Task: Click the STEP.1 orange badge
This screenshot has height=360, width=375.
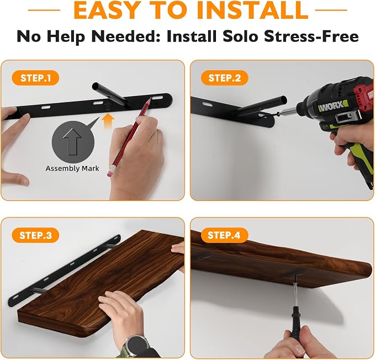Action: [35, 78]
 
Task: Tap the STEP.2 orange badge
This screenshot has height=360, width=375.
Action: [225, 78]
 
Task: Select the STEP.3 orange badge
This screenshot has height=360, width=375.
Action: [35, 235]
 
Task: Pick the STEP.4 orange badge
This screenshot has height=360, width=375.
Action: [224, 235]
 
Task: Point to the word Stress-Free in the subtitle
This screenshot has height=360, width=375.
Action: [311, 36]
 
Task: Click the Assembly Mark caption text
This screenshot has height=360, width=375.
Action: [72, 168]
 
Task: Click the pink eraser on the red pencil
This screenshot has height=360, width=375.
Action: [109, 173]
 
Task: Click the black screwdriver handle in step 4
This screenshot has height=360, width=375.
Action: [294, 317]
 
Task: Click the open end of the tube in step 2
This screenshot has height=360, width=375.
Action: [283, 99]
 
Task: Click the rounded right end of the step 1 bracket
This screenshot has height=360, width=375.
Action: [168, 98]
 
